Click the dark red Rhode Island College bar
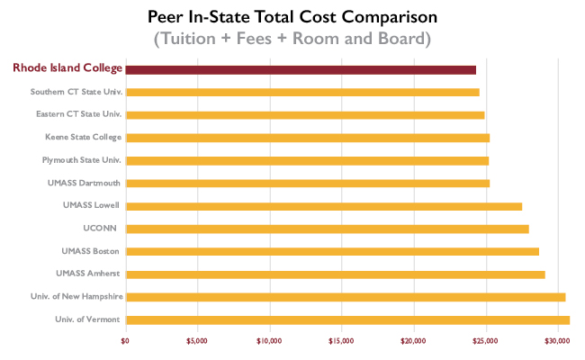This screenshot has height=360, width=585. point(301,69)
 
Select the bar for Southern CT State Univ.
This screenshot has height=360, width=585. point(302,92)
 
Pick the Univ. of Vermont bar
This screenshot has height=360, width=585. point(347,319)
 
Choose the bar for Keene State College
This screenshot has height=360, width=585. point(307,138)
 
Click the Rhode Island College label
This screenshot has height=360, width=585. point(67,68)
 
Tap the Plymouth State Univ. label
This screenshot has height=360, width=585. point(81,160)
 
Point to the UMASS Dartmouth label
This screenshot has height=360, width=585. point(85,183)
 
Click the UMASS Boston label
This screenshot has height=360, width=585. point(91,251)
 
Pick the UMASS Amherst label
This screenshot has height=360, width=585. point(88,274)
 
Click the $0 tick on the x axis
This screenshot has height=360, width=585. point(126,340)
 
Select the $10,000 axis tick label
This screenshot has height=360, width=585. point(270,340)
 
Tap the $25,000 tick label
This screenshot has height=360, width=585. point(486,340)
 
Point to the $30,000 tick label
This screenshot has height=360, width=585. point(558,340)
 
